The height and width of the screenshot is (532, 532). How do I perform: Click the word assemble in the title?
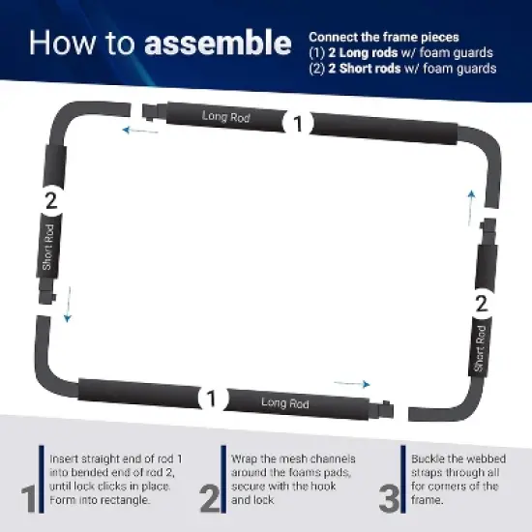(218, 43)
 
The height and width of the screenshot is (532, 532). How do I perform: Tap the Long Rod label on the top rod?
(226, 116)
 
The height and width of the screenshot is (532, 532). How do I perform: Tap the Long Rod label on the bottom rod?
(285, 403)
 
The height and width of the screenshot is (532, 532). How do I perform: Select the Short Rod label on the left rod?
(47, 247)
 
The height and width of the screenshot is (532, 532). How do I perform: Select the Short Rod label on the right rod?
(480, 348)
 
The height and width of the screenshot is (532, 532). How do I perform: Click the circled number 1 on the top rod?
(298, 123)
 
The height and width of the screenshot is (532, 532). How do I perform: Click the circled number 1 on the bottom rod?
(212, 399)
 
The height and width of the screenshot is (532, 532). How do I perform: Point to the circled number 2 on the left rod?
(51, 201)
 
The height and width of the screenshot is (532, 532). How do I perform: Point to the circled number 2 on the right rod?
(482, 304)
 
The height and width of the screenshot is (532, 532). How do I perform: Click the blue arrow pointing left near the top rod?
(140, 131)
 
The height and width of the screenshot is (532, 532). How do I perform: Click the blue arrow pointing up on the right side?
(471, 208)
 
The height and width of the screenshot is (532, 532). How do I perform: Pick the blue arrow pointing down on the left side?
(69, 305)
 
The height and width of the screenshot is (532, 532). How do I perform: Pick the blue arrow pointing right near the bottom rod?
(352, 384)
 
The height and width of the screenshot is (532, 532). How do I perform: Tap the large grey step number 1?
(29, 498)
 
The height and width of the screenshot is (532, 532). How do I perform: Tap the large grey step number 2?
(210, 498)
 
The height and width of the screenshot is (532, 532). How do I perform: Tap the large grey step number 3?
(390, 498)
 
